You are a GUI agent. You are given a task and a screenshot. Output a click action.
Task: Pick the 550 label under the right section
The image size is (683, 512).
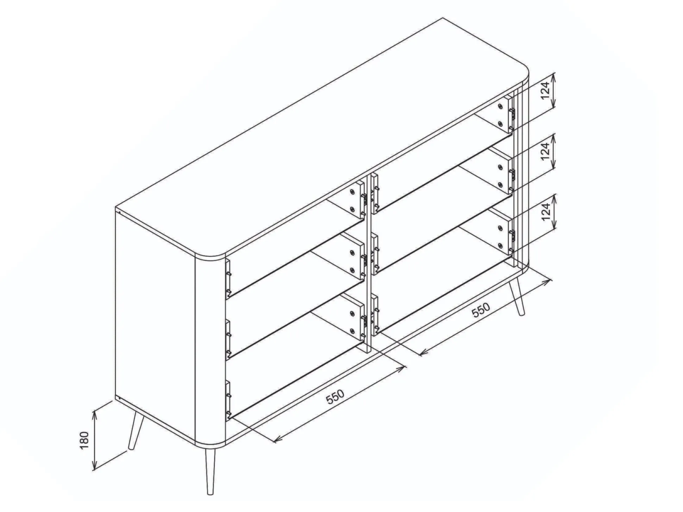pos(481,310)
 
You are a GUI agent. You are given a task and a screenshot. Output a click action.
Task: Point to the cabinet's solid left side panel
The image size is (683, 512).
pos(155,325)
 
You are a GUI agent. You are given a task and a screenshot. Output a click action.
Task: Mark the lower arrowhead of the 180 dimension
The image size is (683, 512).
pos(94,465)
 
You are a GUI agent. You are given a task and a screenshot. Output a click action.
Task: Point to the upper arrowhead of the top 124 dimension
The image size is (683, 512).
pos(554,77)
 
